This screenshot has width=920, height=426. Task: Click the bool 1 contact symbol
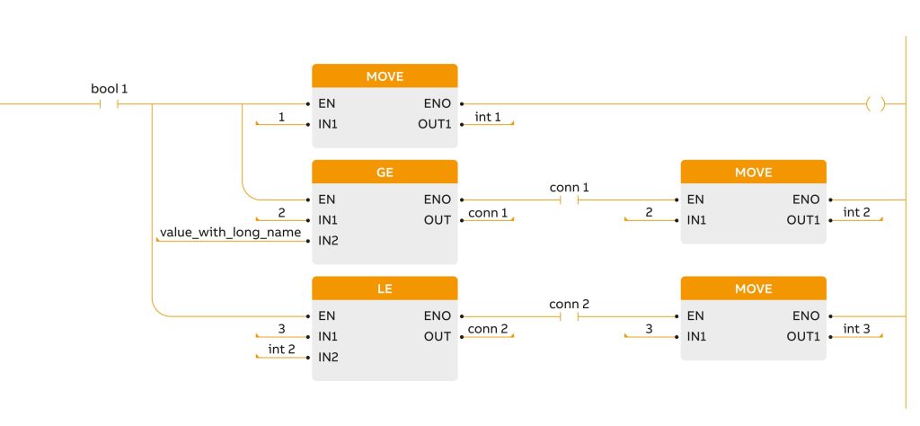click(109, 104)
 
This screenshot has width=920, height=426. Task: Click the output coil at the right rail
click(874, 104)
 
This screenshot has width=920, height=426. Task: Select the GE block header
click(385, 172)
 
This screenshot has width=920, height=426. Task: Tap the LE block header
click(385, 288)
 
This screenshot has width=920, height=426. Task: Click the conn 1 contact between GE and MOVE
click(569, 200)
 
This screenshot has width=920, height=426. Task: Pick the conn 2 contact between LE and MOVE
click(569, 316)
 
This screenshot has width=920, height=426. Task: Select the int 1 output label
click(488, 118)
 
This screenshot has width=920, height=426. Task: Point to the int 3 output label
click(856, 330)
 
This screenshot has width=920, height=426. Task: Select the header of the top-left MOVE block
click(385, 75)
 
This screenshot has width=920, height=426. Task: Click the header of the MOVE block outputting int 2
click(753, 172)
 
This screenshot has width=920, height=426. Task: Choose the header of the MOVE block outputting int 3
click(753, 288)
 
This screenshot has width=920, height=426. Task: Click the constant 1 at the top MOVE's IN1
click(281, 118)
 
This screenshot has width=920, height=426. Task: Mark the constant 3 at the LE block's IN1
click(281, 330)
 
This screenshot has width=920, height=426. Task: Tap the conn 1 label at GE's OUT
click(488, 214)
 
